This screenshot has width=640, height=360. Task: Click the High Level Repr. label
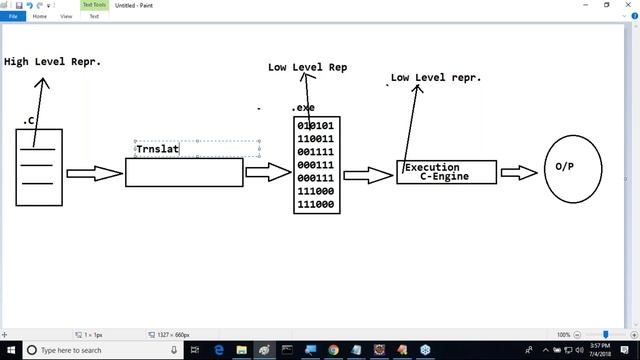click(x=52, y=61)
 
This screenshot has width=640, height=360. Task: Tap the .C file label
click(x=30, y=120)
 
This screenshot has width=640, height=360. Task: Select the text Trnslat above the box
click(x=157, y=150)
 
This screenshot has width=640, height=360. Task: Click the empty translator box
click(x=184, y=173)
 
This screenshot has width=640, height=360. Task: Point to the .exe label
click(x=303, y=108)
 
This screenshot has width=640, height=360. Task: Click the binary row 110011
click(x=316, y=140)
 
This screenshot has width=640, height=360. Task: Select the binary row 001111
click(x=316, y=153)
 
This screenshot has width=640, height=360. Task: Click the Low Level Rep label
click(x=308, y=68)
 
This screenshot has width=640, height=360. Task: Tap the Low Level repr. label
click(x=436, y=77)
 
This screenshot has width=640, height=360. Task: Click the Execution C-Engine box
click(x=446, y=172)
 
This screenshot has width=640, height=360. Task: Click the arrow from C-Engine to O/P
click(x=519, y=173)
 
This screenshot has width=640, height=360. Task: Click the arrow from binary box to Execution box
click(x=368, y=175)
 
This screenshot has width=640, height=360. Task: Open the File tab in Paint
click(x=14, y=17)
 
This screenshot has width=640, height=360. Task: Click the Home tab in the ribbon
click(x=39, y=17)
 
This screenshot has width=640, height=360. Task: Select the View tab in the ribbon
click(x=66, y=17)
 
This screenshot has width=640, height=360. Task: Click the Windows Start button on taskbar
click(x=10, y=350)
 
